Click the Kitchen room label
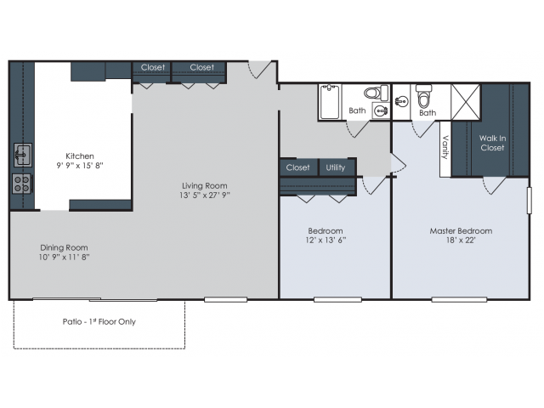pos(80,156)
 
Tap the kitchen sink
pos(23,155)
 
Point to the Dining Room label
pos(64,248)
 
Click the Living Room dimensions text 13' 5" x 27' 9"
pos(204,195)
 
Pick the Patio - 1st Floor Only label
pos(99,322)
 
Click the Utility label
pos(336,167)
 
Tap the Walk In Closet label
pos(492,142)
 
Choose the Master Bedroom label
pos(461,230)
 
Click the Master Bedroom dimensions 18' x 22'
pos(461,240)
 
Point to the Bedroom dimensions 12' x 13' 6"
pos(326,240)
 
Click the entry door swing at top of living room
pos(261,70)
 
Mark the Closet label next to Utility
pos(297,167)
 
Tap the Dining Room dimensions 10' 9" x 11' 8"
pos(64,258)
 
